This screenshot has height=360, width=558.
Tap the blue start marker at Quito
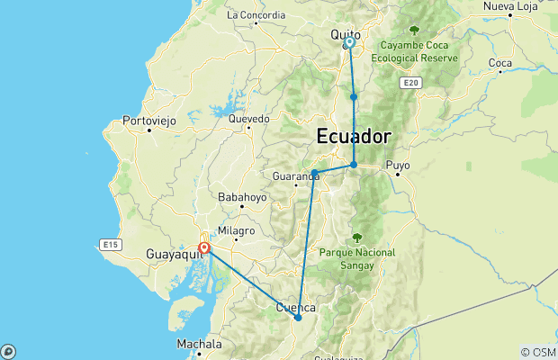349,42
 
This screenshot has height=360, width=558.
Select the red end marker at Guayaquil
204,247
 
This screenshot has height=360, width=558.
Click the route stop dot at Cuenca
298,318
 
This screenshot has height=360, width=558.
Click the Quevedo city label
248,118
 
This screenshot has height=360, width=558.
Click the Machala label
199,343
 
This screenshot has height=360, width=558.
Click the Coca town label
499,63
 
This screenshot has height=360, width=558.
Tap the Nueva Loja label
510,7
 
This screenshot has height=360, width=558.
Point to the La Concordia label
256,14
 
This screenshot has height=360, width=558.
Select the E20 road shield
411,83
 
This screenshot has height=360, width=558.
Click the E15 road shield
111,244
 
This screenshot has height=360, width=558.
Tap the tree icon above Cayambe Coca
414,31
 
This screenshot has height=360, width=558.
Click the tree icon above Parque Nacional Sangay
356,238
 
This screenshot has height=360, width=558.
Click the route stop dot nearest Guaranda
314,172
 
